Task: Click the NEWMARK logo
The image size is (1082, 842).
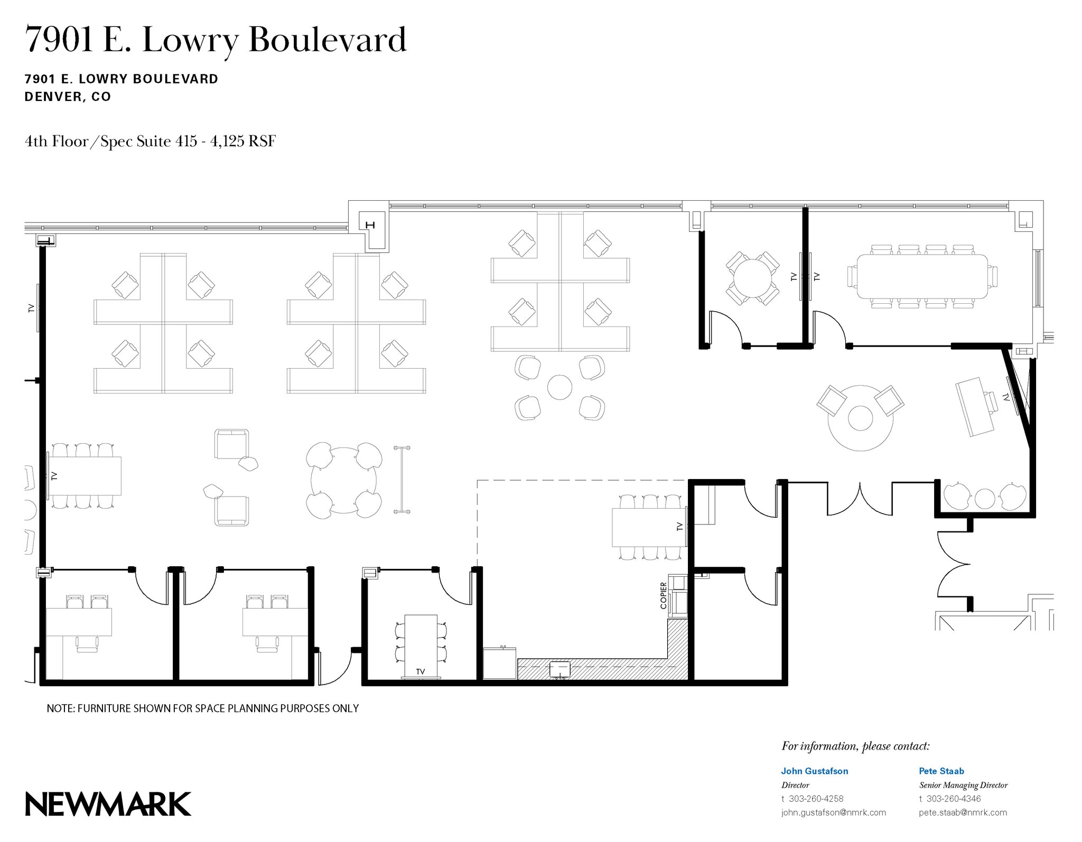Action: tap(108, 804)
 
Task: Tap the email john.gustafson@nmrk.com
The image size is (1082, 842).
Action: tap(833, 812)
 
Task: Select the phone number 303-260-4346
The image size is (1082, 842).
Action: tap(953, 799)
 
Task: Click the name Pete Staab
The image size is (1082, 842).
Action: tap(941, 771)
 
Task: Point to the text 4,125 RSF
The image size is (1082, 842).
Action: tap(243, 142)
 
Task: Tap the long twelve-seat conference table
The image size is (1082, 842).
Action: tap(922, 276)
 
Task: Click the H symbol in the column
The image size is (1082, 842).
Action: tap(370, 225)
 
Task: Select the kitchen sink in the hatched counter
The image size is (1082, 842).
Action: tap(559, 669)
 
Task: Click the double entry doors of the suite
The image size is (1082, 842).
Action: tap(860, 499)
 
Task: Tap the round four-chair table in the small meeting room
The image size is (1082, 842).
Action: tap(752, 278)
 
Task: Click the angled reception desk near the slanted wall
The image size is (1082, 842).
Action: tap(975, 406)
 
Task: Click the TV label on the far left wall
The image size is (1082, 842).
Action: tap(31, 308)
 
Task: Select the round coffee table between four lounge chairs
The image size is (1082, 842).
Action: tap(559, 387)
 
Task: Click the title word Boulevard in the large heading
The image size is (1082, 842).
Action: tap(328, 40)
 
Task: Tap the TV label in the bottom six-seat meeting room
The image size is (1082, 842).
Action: tap(421, 671)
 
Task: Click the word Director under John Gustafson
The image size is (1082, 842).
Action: tap(795, 785)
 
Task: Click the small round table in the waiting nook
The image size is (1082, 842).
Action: tap(985, 498)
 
